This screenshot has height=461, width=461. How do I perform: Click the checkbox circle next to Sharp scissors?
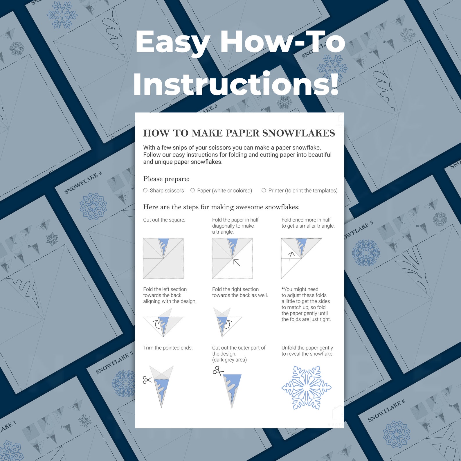click(x=145, y=190)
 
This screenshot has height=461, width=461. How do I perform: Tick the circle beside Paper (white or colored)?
click(x=192, y=190)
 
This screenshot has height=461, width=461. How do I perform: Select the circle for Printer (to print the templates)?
click(x=264, y=190)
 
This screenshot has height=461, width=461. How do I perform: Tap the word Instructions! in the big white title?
click(x=236, y=84)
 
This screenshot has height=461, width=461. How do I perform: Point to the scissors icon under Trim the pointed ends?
click(x=147, y=380)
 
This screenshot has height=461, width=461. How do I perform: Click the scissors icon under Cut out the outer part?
click(x=218, y=371)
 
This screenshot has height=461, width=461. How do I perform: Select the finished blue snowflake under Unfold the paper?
click(x=306, y=388)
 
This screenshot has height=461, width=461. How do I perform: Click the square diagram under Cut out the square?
click(x=163, y=258)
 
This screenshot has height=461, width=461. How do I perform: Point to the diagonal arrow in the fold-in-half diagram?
click(x=237, y=262)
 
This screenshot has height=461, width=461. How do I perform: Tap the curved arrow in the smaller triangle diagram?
click(x=291, y=256)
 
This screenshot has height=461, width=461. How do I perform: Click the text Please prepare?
click(x=166, y=179)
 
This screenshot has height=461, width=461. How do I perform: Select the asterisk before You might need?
click(x=282, y=289)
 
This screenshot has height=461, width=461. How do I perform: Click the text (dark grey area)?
click(x=229, y=360)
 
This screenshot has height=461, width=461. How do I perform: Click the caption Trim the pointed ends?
click(x=168, y=348)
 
